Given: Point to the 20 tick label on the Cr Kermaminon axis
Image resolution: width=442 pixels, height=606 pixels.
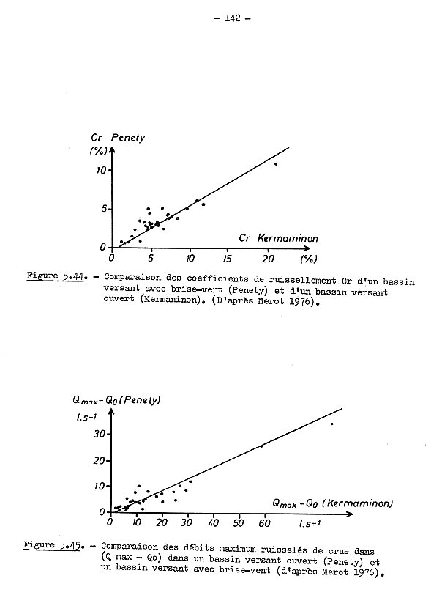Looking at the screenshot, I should [x=268, y=258].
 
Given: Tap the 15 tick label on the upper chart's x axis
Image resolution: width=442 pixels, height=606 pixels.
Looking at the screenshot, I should [x=229, y=258].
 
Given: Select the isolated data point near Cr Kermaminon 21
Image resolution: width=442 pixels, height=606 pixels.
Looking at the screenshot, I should [x=276, y=163].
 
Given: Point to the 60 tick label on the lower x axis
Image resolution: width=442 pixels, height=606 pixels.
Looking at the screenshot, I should [x=263, y=524].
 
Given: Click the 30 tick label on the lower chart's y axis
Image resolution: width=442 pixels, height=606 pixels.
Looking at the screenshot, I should [x=99, y=435].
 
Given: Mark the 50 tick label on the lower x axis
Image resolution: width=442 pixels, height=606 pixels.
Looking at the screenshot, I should [x=238, y=524].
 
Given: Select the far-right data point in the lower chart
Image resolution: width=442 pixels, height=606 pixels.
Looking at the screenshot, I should [x=331, y=424].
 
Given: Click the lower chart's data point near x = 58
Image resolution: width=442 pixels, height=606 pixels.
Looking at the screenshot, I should [x=261, y=446].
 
